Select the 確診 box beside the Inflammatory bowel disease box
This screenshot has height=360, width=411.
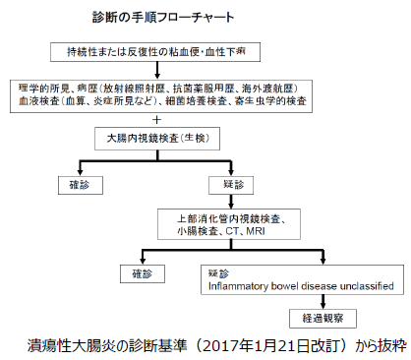click(x=137, y=271)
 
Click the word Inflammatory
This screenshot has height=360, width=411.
click(x=238, y=286)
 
